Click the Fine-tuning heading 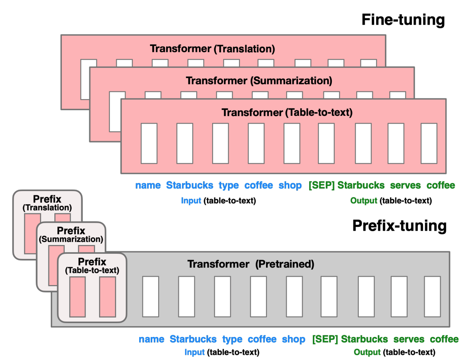coord(403,19)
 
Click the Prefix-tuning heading coord(399,226)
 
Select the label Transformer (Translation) coord(212,49)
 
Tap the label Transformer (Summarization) coord(259,81)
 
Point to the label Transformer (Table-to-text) coord(287,113)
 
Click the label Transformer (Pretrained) coord(251,264)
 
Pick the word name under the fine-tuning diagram coord(148,186)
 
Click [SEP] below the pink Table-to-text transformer coord(321,186)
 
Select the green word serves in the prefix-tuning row coord(408,339)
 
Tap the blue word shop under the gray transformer coord(293,339)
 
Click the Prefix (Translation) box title coord(47,202)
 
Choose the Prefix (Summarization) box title coord(71,235)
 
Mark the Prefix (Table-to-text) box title coord(92,266)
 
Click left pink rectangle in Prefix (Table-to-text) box coord(77,297)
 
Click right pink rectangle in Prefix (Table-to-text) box coord(107,297)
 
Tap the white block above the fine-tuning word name coord(149,143)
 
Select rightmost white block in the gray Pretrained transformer coord(432,297)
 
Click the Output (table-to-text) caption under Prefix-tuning coord(394,352)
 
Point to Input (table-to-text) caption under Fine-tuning coord(218,201)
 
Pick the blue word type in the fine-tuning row coord(229,186)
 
